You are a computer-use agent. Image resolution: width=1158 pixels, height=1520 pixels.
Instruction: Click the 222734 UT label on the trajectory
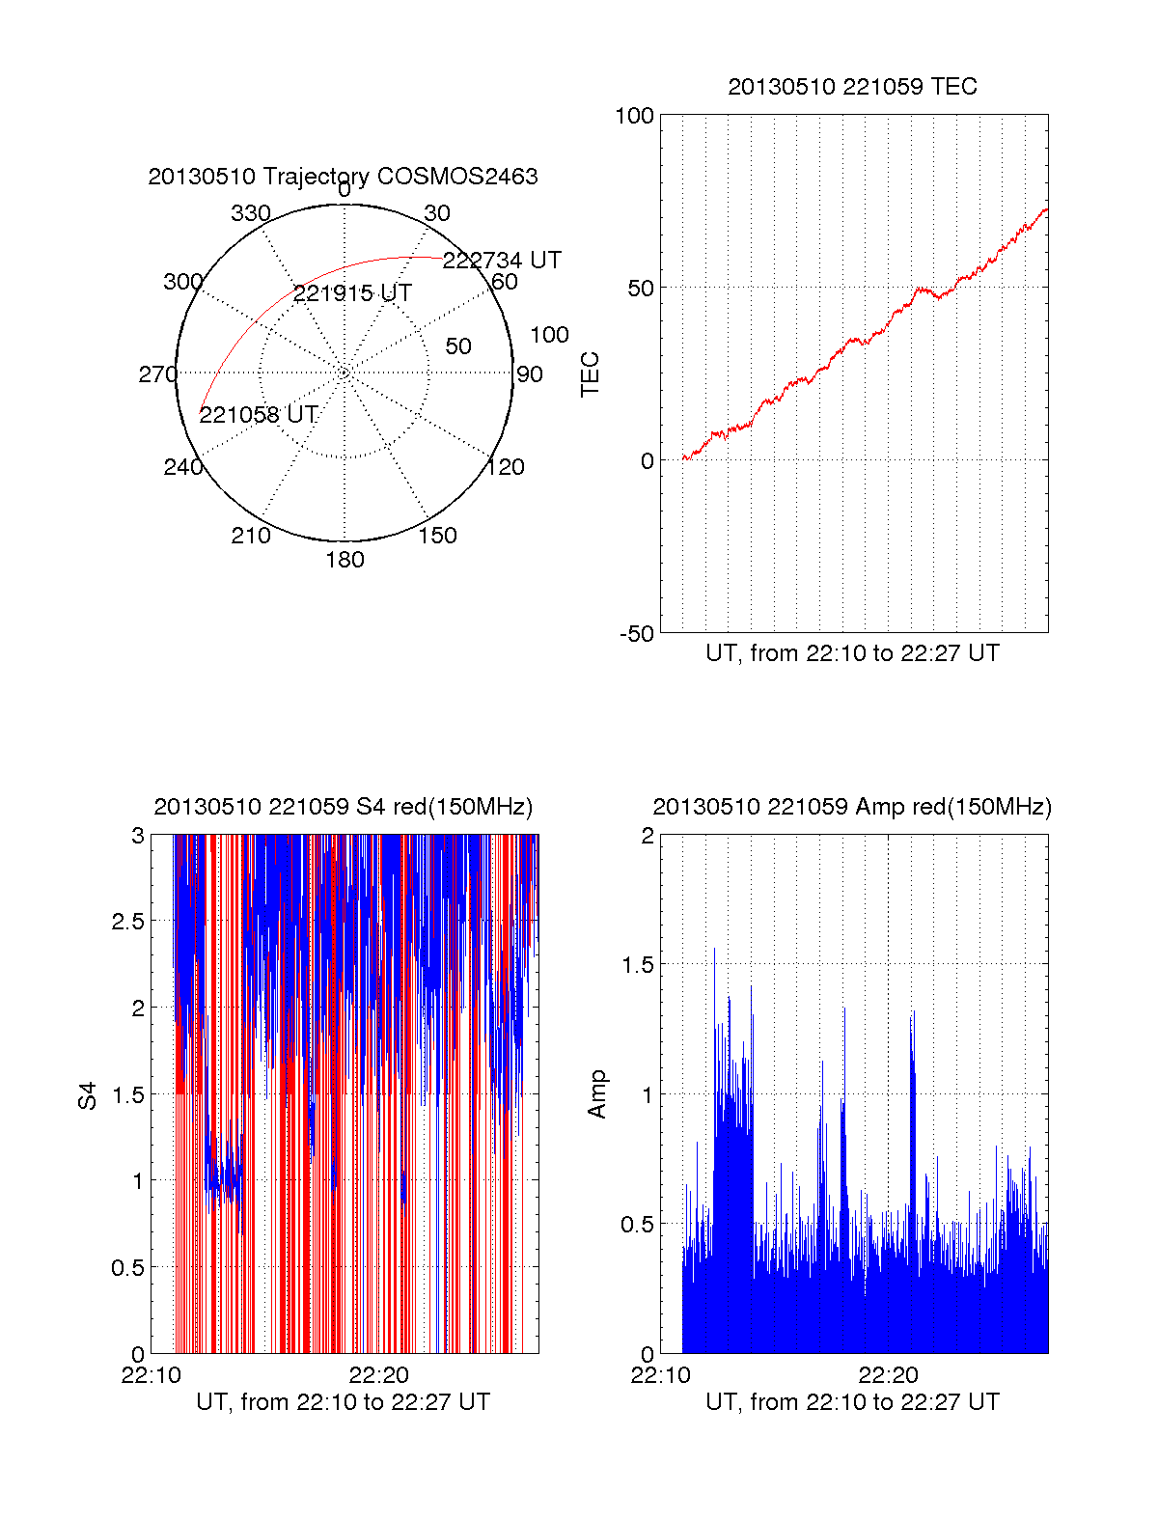(x=502, y=261)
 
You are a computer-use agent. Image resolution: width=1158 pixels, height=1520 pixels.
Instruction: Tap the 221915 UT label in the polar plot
(x=352, y=293)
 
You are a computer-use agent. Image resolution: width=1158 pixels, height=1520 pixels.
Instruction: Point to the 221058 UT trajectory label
(x=259, y=415)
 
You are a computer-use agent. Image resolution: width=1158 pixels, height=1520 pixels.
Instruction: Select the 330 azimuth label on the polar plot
(x=250, y=213)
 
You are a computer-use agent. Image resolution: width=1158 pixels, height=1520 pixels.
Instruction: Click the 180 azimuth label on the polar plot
(x=345, y=560)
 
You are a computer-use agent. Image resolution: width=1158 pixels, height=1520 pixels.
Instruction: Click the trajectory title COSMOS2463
(x=343, y=177)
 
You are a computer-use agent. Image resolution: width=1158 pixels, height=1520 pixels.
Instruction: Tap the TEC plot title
(x=852, y=87)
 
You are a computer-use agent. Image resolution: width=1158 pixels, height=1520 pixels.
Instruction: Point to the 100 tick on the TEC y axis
(x=634, y=116)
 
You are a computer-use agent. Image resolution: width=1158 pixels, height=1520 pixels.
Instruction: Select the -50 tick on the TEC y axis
(x=636, y=634)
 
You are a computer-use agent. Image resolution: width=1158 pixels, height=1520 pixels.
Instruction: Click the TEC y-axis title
(x=590, y=373)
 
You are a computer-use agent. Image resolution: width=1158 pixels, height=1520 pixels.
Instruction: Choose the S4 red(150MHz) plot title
(x=343, y=807)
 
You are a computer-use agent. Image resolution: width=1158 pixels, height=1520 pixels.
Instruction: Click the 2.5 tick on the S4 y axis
(x=127, y=922)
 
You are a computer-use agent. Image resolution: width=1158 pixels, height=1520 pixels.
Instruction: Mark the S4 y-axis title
(x=88, y=1096)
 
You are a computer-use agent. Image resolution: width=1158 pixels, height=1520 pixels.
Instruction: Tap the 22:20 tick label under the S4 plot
(x=379, y=1375)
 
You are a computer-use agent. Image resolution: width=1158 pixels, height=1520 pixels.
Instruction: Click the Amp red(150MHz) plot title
(x=852, y=807)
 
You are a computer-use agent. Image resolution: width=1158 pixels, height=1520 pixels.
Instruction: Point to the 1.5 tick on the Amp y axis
(x=636, y=965)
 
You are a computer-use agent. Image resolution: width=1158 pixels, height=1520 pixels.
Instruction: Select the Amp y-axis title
(x=597, y=1094)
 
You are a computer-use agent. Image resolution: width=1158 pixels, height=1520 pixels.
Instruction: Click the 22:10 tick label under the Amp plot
(x=660, y=1375)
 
